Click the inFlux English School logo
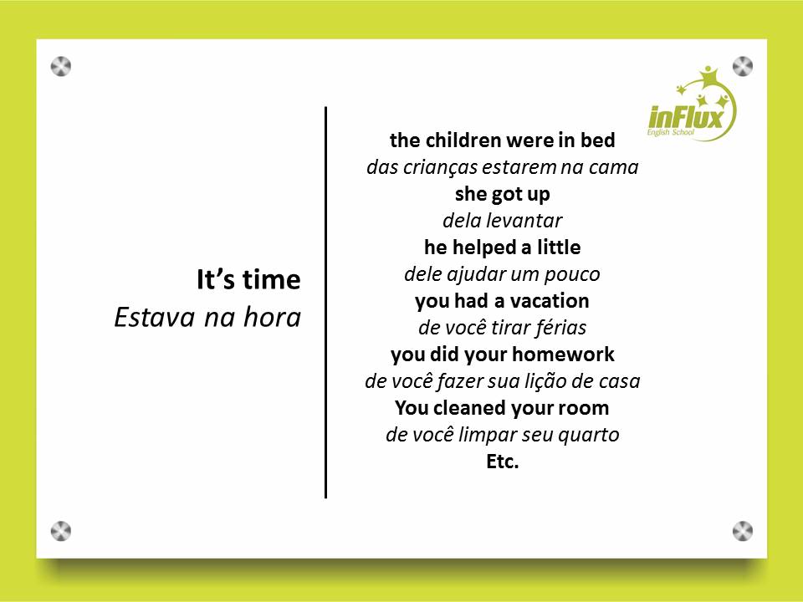[692, 104]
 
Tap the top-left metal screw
[61, 67]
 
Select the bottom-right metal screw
[743, 532]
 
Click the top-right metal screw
[743, 67]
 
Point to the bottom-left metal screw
[61, 532]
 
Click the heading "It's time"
[249, 279]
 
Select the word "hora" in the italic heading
[272, 317]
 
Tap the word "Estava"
[154, 317]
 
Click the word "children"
[463, 140]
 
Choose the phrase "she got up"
[503, 195]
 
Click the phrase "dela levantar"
[503, 221]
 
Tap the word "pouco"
[571, 275]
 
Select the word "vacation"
[549, 301]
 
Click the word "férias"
[560, 328]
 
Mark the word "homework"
[563, 355]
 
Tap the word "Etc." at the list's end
[503, 462]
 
